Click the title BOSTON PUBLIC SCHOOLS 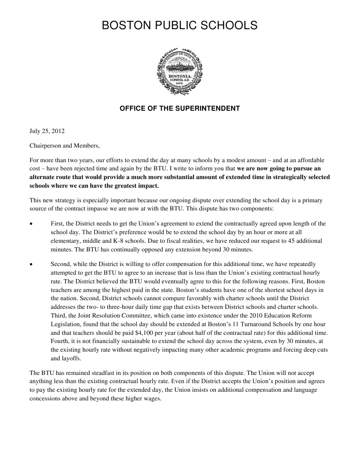point(179,26)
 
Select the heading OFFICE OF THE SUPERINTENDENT point(179,108)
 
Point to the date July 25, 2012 point(47,132)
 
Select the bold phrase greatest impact point(138,186)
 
